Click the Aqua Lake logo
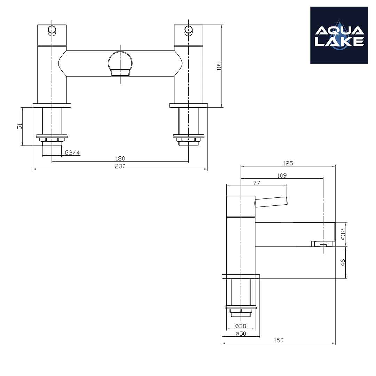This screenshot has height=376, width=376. tap(339, 36)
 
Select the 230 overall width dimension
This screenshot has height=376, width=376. tap(120, 166)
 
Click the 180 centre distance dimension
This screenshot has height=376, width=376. tap(120, 159)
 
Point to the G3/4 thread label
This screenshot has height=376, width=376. tap(72, 153)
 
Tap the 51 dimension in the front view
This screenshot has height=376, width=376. tap(20, 126)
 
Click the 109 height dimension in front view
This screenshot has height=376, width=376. tap(219, 66)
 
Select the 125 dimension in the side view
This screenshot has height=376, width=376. tap(288, 163)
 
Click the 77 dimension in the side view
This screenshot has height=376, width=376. tap(257, 183)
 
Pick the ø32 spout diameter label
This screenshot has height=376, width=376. tap(343, 234)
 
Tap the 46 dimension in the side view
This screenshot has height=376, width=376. tap(343, 263)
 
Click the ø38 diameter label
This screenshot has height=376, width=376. tap(241, 326)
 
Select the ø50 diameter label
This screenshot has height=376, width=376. tap(241, 334)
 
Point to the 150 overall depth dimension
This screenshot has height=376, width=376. tap(279, 340)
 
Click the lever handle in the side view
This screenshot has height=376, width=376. tap(271, 202)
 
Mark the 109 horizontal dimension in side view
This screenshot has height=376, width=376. tap(282, 175)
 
